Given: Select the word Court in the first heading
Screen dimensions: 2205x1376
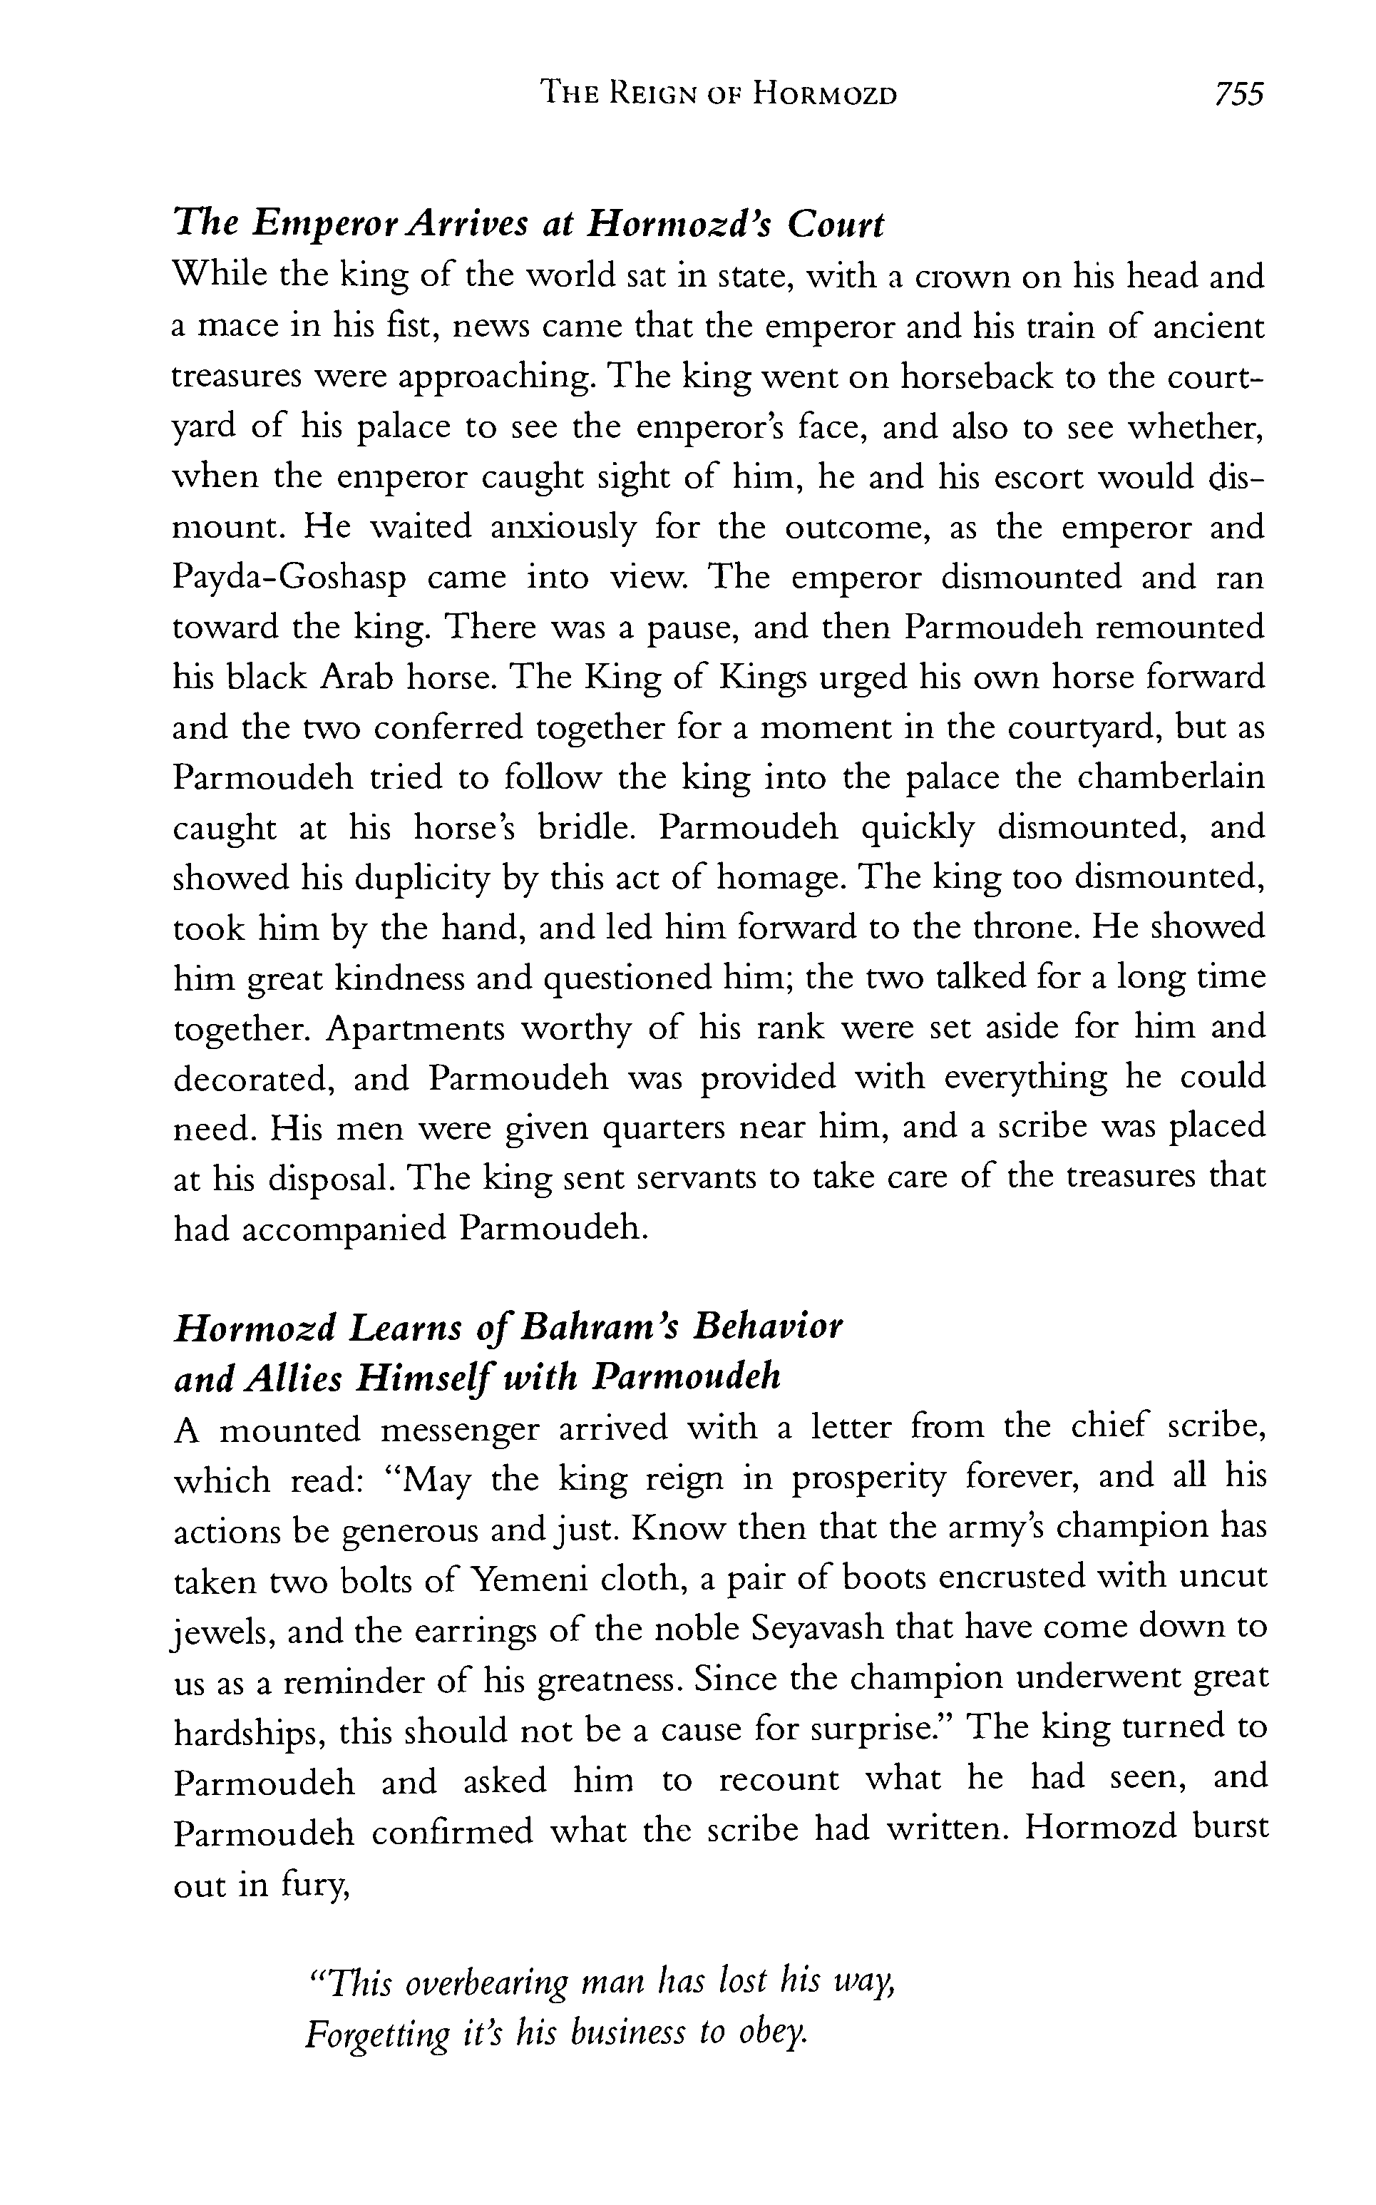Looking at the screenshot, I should point(836,225).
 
